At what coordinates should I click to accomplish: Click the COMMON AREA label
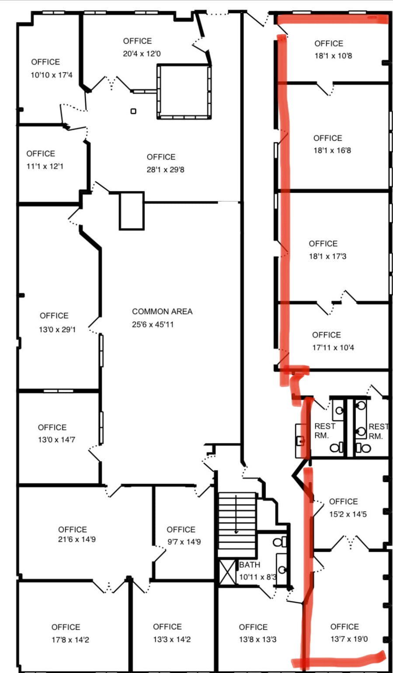click(x=162, y=312)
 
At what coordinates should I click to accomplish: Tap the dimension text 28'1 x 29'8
click(x=165, y=170)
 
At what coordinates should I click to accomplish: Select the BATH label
click(x=249, y=565)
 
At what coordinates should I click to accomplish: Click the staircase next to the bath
click(x=237, y=524)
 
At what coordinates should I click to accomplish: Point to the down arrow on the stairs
click(x=236, y=514)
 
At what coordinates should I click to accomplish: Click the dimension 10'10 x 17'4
click(x=52, y=75)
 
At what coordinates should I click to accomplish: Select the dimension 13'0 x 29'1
click(x=57, y=330)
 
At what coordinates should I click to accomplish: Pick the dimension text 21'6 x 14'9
click(x=77, y=539)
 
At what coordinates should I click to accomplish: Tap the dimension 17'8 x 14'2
click(x=70, y=640)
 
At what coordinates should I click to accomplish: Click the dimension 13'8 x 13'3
click(x=257, y=639)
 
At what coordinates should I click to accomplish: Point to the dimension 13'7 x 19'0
click(x=349, y=639)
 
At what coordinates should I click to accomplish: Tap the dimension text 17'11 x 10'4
click(x=333, y=347)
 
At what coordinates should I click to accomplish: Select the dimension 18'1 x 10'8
click(x=333, y=56)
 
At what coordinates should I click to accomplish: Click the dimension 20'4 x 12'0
click(x=142, y=54)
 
